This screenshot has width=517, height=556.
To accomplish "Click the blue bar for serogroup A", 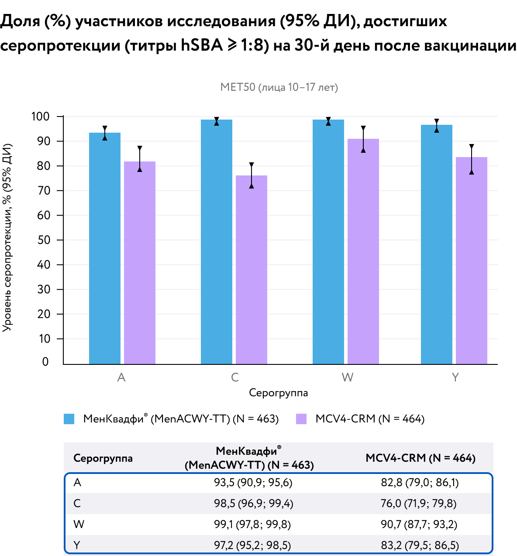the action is pos(105,248).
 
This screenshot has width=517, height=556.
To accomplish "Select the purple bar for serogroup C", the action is pos(252,270).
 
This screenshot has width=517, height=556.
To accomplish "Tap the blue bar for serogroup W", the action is pos(328,242).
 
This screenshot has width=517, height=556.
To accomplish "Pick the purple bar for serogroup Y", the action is pos(471,261).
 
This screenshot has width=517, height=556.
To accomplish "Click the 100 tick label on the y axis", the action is pos(40,117).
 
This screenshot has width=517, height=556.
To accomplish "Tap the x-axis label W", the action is pos(348,378).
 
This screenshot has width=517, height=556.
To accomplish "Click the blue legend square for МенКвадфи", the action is pos(69,419).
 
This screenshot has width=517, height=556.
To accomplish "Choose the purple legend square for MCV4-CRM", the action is pos(301,419).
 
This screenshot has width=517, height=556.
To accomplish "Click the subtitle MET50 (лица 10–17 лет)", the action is pos(279,87).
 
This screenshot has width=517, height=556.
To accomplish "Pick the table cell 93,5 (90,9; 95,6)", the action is pos(253,483).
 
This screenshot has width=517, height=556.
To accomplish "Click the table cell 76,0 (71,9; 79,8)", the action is pos(418,503).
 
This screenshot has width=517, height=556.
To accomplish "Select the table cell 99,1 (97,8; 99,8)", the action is pos(252,524).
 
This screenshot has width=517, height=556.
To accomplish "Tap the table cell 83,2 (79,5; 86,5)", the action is pos(420,545).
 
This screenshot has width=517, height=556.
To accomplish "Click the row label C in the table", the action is pos(77,503).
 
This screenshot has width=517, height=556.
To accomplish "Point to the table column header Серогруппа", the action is pos(103,458).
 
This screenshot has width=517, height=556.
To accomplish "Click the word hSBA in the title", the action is pos(201,45).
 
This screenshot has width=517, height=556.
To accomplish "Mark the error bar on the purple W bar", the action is pos(363,139).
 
